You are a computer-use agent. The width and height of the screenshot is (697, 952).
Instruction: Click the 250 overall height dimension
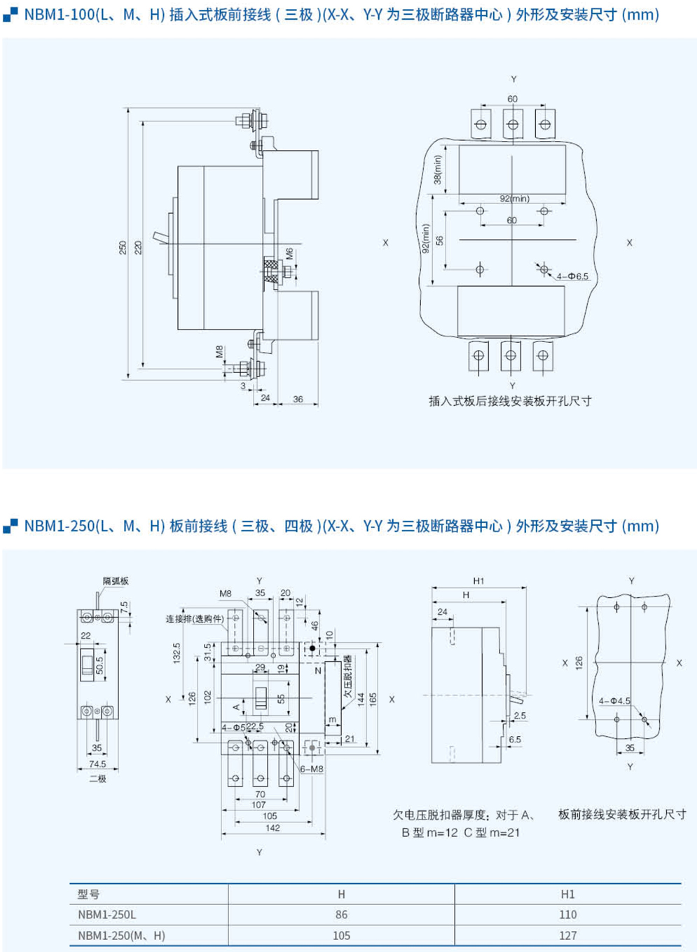[123, 247]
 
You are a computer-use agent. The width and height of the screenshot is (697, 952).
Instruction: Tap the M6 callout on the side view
[289, 253]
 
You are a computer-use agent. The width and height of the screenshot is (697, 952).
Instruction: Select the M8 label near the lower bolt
[219, 351]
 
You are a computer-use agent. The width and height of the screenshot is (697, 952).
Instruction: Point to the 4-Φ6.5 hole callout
[572, 276]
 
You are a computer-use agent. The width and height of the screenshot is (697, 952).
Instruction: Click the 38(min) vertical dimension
[438, 170]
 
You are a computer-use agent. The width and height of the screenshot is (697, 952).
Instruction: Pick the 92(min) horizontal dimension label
[514, 198]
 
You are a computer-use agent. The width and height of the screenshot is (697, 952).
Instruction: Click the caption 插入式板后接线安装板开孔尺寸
[510, 401]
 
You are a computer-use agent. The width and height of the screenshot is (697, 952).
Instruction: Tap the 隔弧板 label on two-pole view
[116, 580]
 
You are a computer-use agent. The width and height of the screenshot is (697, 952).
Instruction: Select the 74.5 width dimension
[97, 764]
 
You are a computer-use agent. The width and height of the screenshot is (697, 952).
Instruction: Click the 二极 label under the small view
[97, 778]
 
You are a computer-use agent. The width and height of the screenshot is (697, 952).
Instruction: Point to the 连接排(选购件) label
[195, 619]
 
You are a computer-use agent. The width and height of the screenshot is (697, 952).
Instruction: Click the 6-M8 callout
[312, 769]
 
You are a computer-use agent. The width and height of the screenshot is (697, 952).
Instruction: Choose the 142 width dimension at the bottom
[272, 828]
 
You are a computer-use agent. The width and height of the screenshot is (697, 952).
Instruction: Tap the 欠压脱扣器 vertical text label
[347, 676]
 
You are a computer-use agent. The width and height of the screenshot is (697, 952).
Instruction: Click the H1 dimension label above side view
[478, 580]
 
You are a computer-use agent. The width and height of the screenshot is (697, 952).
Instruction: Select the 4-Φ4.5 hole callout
[614, 700]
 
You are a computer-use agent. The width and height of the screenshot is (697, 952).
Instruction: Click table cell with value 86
[341, 914]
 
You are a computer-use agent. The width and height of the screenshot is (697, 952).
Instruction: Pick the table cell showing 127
[567, 935]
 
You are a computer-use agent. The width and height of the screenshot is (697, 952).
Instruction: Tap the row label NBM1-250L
[107, 914]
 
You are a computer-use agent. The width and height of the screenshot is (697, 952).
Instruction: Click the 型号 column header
[89, 894]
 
